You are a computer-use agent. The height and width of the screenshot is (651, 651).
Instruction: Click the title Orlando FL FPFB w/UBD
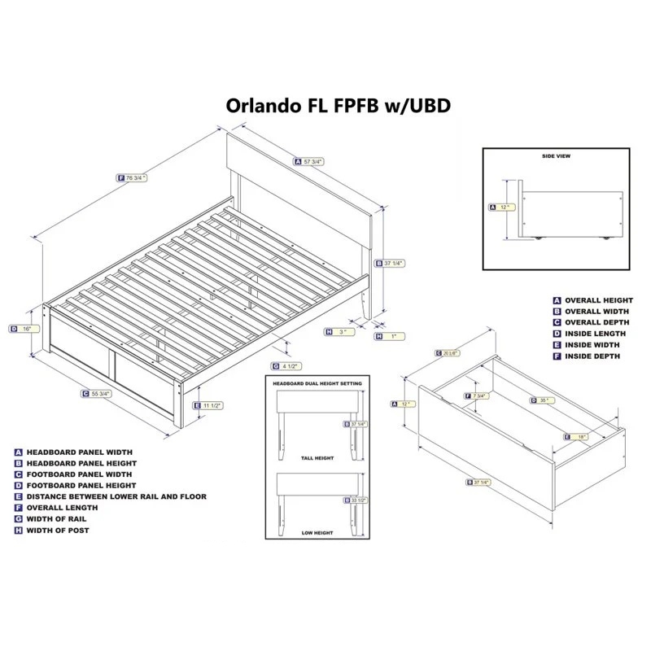[x=337, y=107]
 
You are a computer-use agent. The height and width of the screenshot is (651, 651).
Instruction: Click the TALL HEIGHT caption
[x=312, y=459]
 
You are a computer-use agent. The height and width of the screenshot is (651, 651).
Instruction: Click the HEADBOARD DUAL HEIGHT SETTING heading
[x=313, y=382]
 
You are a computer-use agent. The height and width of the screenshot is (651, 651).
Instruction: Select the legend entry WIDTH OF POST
[x=58, y=531]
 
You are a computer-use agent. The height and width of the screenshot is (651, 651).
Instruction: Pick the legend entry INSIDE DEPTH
[x=592, y=356]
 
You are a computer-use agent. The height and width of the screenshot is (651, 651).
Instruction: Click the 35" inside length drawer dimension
[x=544, y=400]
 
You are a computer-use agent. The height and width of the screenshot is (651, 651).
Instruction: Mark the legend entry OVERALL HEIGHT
[x=598, y=300]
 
